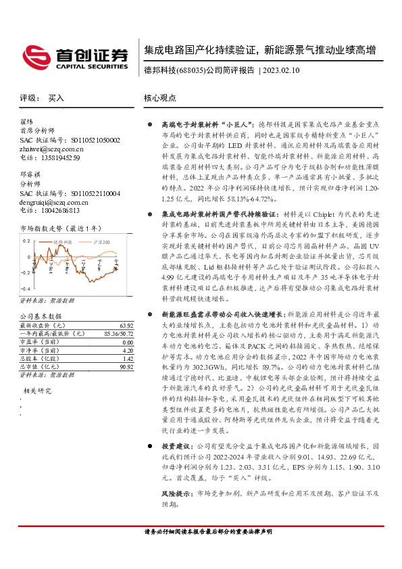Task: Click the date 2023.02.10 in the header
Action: tap(284, 70)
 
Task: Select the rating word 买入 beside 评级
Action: tap(56, 98)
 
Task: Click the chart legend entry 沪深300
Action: tap(101, 241)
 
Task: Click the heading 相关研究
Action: tap(39, 391)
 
